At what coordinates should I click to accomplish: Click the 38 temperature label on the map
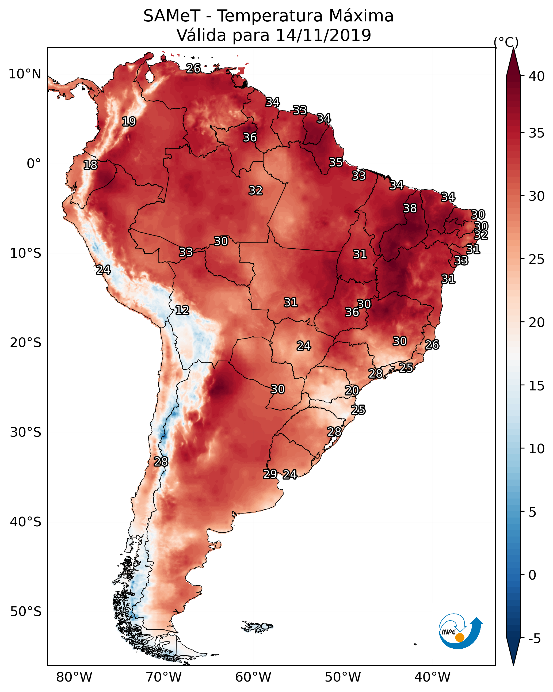[410, 208]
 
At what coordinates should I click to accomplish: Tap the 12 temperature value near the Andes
[182, 310]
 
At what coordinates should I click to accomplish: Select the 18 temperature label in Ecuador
[90, 165]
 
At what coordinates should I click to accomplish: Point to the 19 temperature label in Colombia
[129, 122]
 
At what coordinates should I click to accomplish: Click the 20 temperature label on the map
[352, 390]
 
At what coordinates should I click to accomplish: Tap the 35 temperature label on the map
[336, 162]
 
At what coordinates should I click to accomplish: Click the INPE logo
[460, 631]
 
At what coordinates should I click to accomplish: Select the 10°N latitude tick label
[25, 74]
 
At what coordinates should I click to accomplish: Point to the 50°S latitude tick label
[26, 612]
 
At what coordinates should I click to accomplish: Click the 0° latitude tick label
[34, 164]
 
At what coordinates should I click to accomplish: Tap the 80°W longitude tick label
[74, 677]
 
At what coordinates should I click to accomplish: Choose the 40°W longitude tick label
[432, 677]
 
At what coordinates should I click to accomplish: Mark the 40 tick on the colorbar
[536, 76]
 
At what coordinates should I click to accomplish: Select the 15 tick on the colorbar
[536, 386]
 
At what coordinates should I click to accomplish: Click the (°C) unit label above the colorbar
[506, 42]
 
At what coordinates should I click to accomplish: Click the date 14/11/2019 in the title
[323, 35]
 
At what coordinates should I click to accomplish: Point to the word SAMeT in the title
[172, 16]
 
